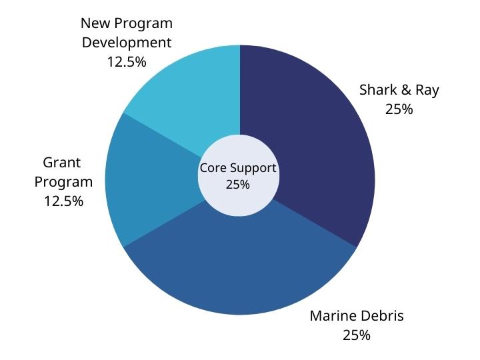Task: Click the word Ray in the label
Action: [427, 90]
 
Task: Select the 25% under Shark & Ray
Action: [399, 109]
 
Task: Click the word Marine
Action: [333, 316]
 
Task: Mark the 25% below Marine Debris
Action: [357, 335]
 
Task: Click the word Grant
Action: [62, 163]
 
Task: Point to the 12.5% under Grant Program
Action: [63, 200]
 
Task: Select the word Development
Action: [127, 43]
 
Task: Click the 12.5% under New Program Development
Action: [127, 61]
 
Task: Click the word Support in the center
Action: [251, 168]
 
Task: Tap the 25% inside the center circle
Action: [238, 185]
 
